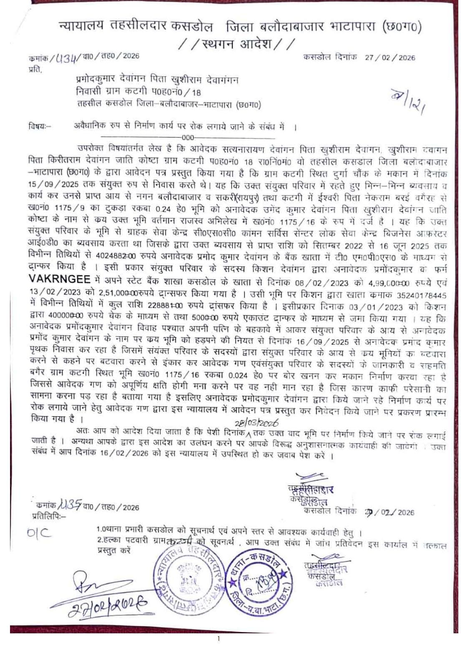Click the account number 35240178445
(x=421, y=295)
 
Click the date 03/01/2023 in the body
(x=377, y=307)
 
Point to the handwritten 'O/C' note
(x=40, y=533)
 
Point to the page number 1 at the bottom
(x=218, y=638)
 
